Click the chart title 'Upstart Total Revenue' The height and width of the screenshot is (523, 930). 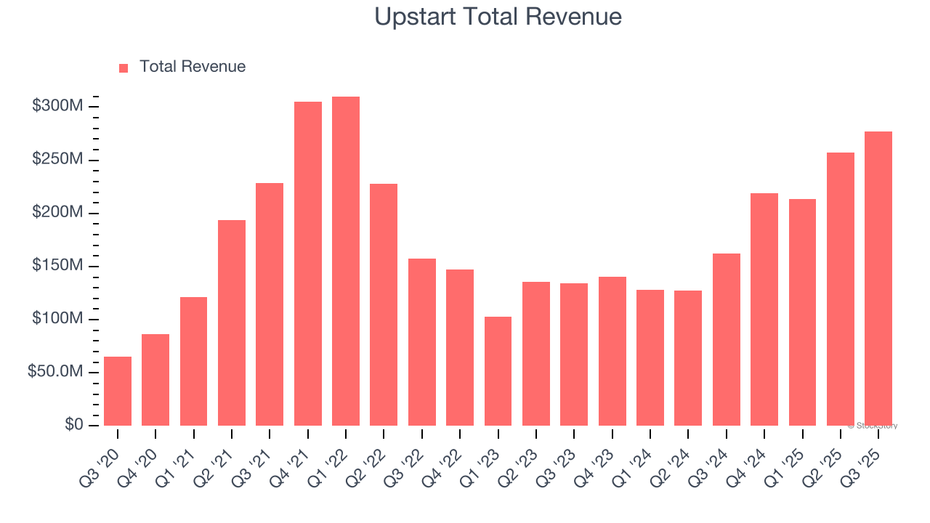tap(498, 17)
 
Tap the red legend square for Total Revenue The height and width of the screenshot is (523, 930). tap(124, 68)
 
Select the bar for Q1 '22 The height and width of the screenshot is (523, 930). tap(346, 261)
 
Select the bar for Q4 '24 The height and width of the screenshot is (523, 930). tap(764, 309)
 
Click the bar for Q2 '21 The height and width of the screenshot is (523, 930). tap(232, 323)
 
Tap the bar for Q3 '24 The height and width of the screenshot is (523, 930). tap(726, 339)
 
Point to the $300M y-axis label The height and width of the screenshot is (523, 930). tap(57, 107)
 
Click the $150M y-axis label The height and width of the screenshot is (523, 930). tap(57, 266)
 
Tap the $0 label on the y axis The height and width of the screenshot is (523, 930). tap(73, 425)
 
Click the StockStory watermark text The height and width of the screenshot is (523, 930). tap(874, 426)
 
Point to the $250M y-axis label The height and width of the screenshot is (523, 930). tap(57, 160)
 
